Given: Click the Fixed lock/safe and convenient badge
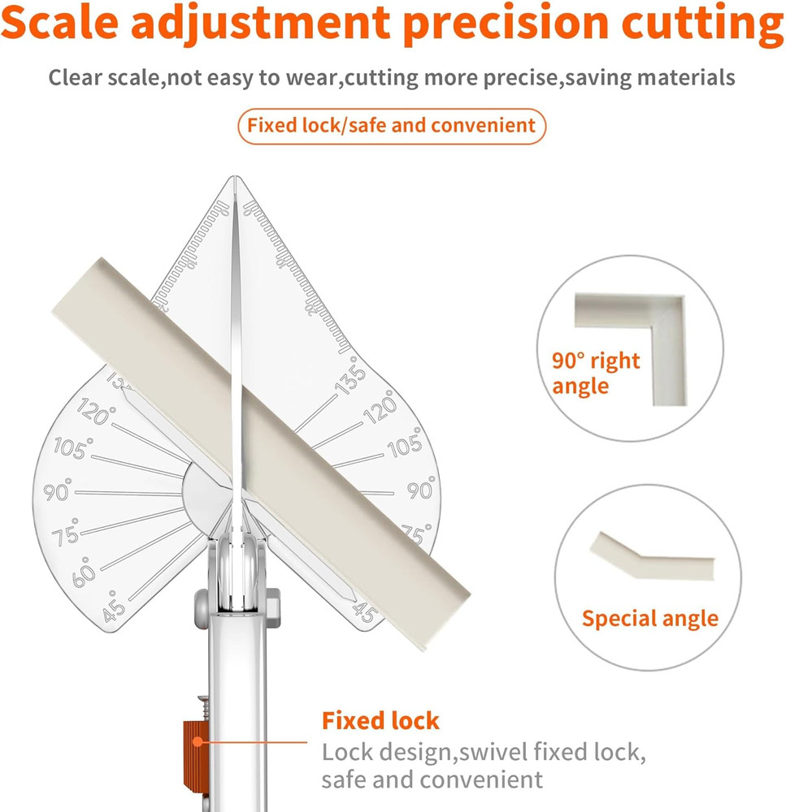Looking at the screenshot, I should click(391, 126).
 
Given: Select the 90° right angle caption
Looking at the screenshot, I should click(596, 373).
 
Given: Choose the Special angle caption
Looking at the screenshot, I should click(649, 619).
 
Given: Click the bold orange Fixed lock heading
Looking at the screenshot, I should click(380, 720).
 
